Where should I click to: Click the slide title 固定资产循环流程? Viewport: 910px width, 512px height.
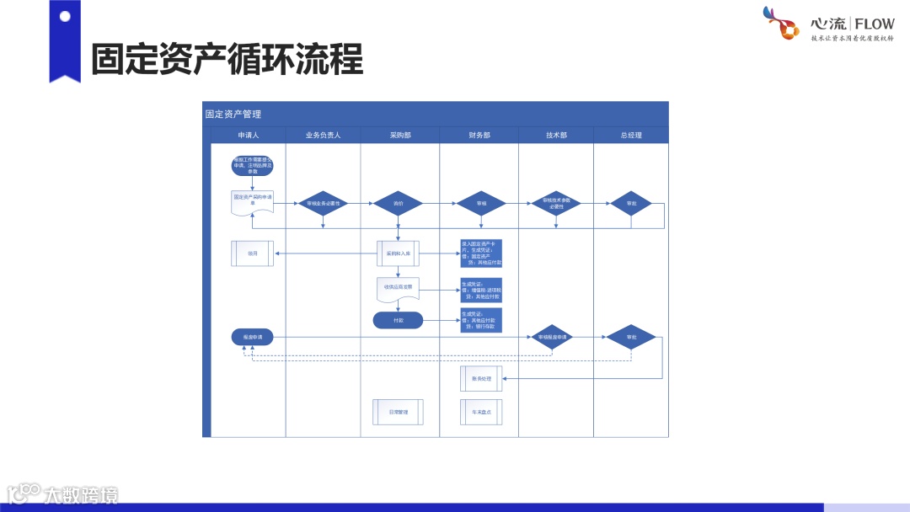227,60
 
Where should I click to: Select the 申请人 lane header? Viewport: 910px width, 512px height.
248,135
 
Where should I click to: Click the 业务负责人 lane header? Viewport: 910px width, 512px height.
323,135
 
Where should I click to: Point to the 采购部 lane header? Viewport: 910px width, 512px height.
400,135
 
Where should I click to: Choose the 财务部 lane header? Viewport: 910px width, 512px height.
479,135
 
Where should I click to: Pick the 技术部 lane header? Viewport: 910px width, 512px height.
556,135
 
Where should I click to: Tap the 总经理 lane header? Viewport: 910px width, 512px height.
630,135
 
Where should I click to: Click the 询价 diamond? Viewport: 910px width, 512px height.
399,203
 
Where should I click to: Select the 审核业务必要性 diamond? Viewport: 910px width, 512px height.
324,203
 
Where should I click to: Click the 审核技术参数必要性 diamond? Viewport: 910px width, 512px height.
556,203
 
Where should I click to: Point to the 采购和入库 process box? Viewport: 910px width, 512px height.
398,253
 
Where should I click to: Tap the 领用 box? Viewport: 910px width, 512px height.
252,253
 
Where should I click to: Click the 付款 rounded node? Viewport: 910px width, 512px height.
398,320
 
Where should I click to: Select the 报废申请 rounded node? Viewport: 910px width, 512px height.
252,337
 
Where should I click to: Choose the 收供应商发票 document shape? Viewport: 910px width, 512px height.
398,288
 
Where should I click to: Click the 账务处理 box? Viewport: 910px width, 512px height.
481,378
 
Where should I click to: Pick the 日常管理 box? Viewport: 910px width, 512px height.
398,412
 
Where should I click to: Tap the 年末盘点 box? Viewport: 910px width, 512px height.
481,412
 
